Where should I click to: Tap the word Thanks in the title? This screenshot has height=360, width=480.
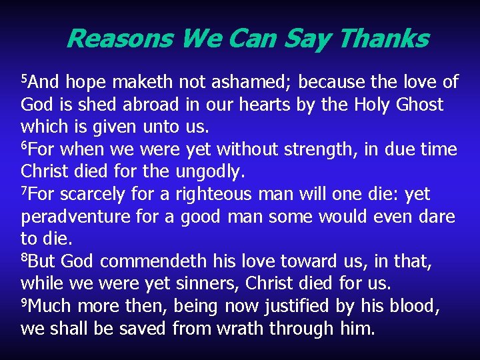(x=383, y=39)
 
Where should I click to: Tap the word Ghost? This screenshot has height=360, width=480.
(x=418, y=105)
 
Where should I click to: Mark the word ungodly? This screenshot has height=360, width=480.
(x=211, y=172)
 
